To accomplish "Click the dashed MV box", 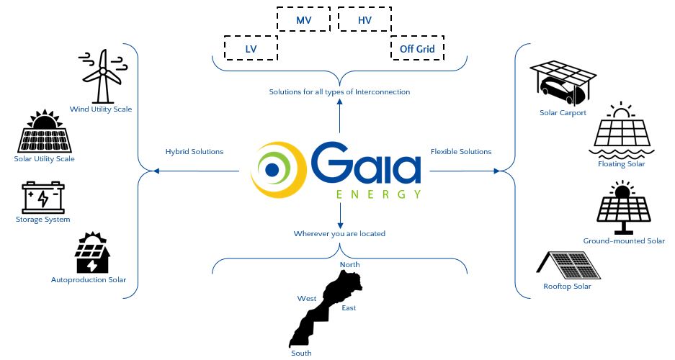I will (x=304, y=20).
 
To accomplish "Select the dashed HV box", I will (x=365, y=20).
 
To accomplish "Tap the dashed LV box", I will (x=251, y=48).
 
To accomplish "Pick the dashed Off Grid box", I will (x=417, y=48).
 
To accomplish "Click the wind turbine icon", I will (x=103, y=76).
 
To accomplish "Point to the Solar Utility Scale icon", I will (x=45, y=131).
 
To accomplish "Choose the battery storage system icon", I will (x=43, y=197).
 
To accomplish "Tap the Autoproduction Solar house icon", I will (x=93, y=253).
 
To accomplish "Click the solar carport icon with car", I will (x=563, y=83).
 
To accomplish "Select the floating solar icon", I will (x=621, y=131).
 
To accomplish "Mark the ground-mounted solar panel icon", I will (x=624, y=209).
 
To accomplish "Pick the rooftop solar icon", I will (x=569, y=265).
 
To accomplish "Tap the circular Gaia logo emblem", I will (x=278, y=170).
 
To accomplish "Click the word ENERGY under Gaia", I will (x=378, y=194).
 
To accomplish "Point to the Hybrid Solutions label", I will (x=195, y=152).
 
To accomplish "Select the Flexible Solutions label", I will (x=461, y=152).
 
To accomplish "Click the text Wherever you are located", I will (x=339, y=234).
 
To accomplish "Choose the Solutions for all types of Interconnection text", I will (x=339, y=92).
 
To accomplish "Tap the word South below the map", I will (x=301, y=353).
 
